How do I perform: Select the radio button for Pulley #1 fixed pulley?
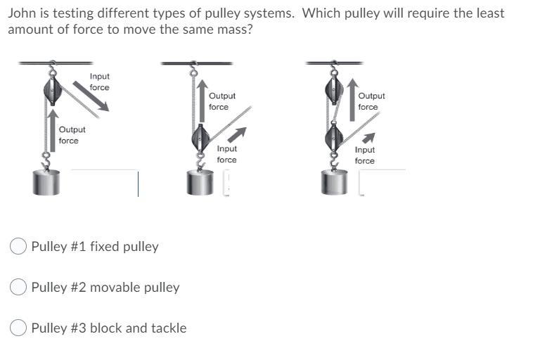point(20,246)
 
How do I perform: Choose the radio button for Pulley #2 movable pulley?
point(20,287)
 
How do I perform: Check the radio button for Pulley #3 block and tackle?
point(20,328)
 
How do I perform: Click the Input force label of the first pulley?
point(99,82)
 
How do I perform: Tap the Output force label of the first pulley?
point(72,135)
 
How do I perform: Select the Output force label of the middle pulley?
point(221,101)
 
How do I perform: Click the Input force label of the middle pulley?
point(226,154)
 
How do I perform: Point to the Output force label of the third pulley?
point(371,101)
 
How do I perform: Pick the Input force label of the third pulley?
point(364,155)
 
